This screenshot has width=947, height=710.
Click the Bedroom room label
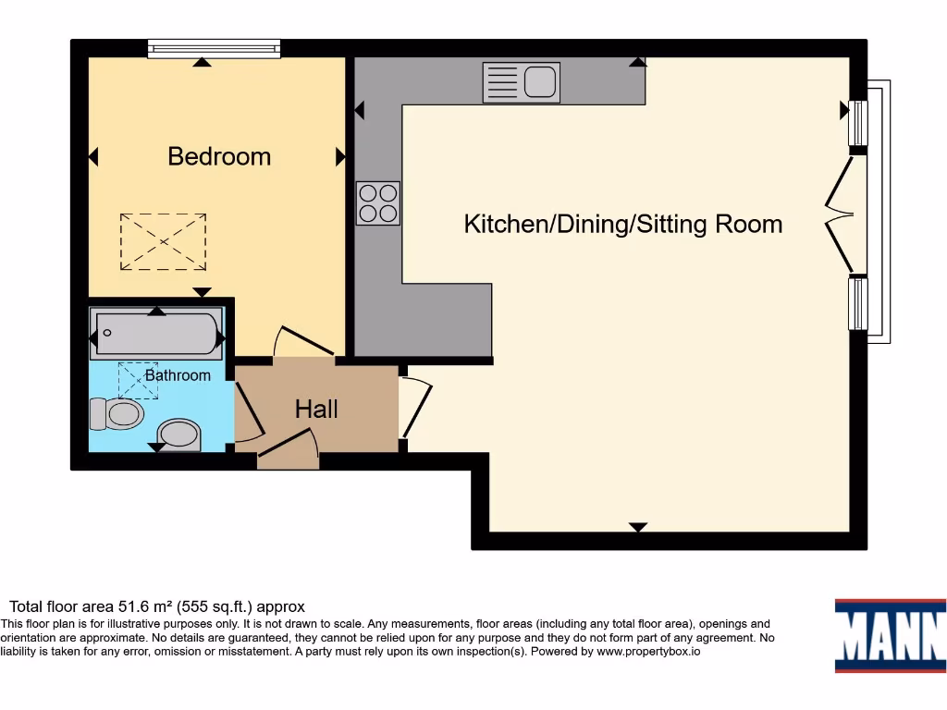pyautogui.click(x=219, y=156)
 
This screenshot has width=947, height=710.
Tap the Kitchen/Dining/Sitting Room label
pyautogui.click(x=622, y=224)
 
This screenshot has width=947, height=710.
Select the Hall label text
pyautogui.click(x=316, y=409)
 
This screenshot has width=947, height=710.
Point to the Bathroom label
pyautogui.click(x=178, y=375)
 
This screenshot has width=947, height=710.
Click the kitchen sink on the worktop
pyautogui.click(x=521, y=82)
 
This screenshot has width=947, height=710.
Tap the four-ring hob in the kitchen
pyautogui.click(x=378, y=203)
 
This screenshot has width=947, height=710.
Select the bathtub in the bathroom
pyautogui.click(x=156, y=334)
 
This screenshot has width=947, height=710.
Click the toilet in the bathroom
pyautogui.click(x=113, y=413)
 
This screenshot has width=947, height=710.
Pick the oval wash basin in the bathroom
pyautogui.click(x=179, y=434)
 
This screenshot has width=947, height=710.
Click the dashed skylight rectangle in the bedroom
pyautogui.click(x=163, y=242)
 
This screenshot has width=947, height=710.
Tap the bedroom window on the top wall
pyautogui.click(x=214, y=48)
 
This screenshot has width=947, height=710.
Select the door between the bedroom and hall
pyautogui.click(x=303, y=342)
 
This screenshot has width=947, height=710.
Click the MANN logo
pyautogui.click(x=890, y=635)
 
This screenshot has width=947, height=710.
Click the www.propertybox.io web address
pyautogui.click(x=647, y=652)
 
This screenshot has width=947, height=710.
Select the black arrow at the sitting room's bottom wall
pyautogui.click(x=637, y=527)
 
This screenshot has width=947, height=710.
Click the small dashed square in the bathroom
pyautogui.click(x=138, y=380)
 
